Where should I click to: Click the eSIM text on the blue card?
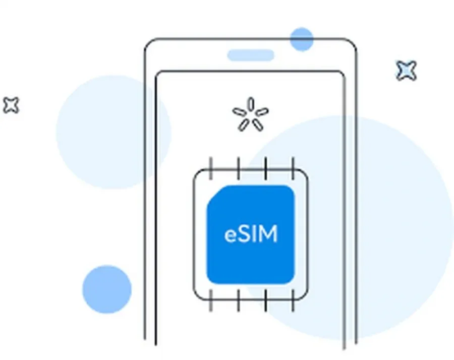(x=251, y=234)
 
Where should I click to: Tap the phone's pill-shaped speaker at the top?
(x=251, y=55)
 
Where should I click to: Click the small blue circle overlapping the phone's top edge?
(x=302, y=39)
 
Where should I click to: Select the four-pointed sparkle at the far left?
(x=11, y=105)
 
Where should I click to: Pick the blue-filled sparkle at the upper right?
(x=406, y=70)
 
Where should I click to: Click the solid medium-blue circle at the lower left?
(x=107, y=289)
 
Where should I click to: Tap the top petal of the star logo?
(x=251, y=104)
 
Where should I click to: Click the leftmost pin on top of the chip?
(x=211, y=168)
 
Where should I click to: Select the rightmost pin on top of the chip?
(x=293, y=168)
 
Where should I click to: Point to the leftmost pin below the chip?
(x=211, y=301)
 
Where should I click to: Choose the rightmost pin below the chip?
(x=293, y=301)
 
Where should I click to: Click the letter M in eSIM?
(x=269, y=234)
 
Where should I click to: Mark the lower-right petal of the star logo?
(x=258, y=125)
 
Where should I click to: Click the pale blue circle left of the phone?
(x=113, y=132)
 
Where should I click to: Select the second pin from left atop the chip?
(x=239, y=168)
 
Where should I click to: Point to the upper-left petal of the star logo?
(x=240, y=112)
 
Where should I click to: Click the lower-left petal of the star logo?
(x=244, y=125)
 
